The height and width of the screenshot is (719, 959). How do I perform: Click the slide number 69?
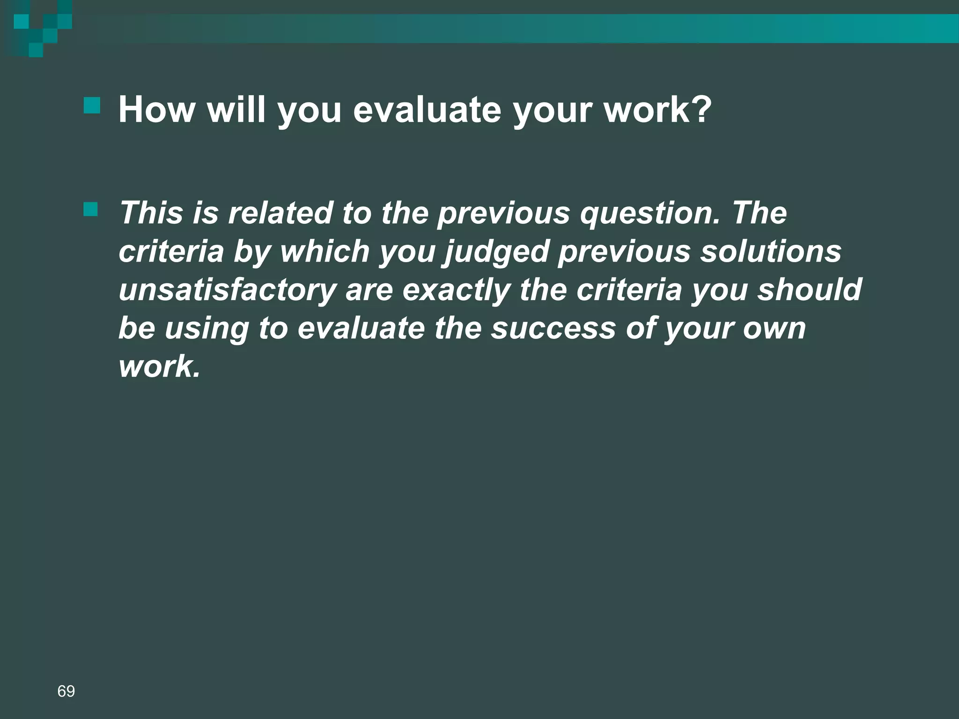tap(66, 691)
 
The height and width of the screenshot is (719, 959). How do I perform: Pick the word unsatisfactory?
tap(228, 290)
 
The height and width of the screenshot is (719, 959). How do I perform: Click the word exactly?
tap(456, 290)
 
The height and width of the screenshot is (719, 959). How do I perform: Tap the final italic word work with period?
tap(159, 367)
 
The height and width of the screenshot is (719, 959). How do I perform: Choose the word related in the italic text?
tap(280, 213)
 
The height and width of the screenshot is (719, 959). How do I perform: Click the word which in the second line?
tap(325, 251)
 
